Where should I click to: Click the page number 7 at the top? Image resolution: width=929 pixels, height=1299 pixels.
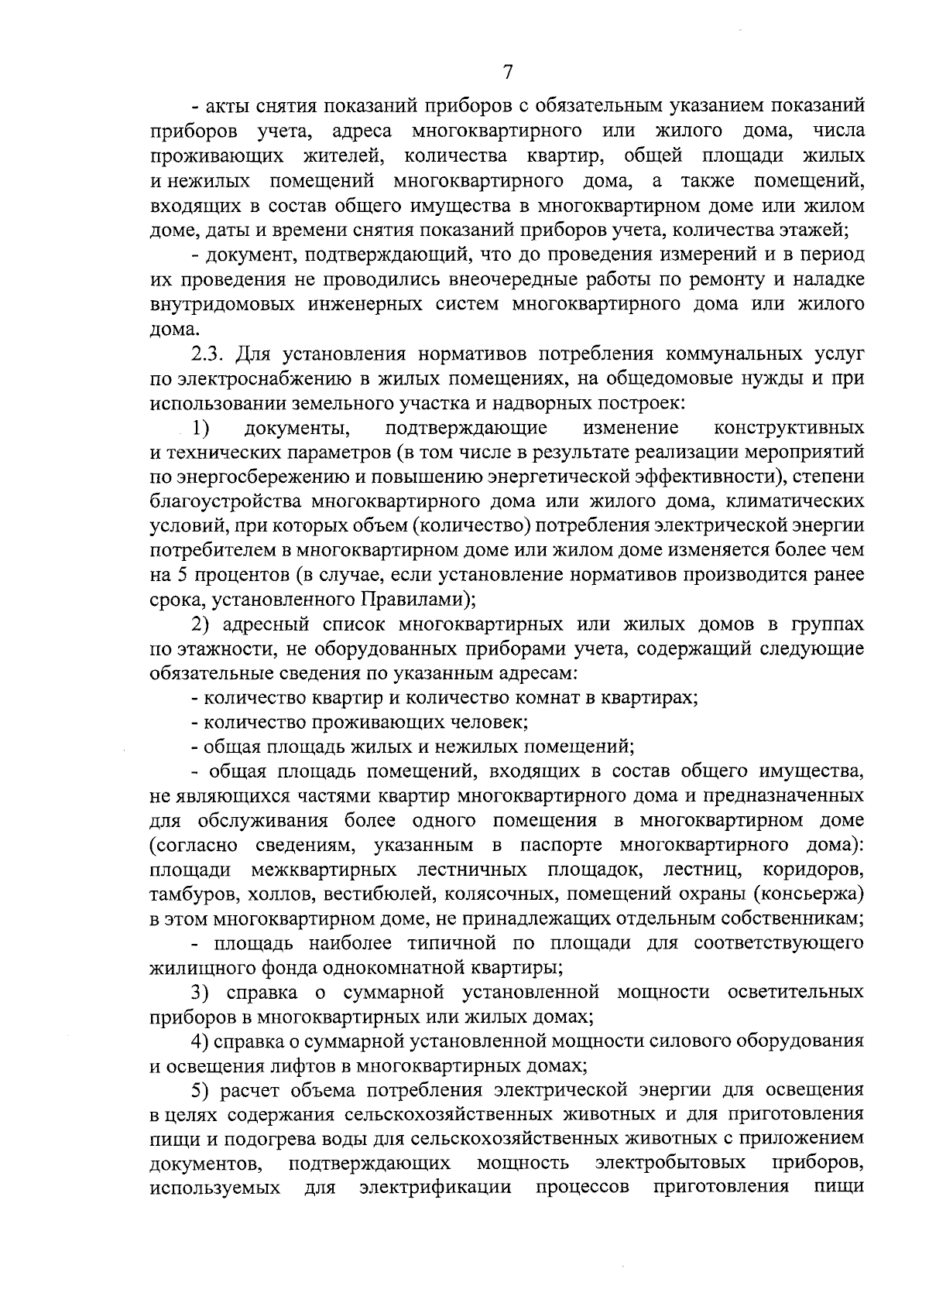pyautogui.click(x=508, y=73)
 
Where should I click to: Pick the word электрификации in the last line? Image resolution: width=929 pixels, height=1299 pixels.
pyautogui.click(x=436, y=1188)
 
